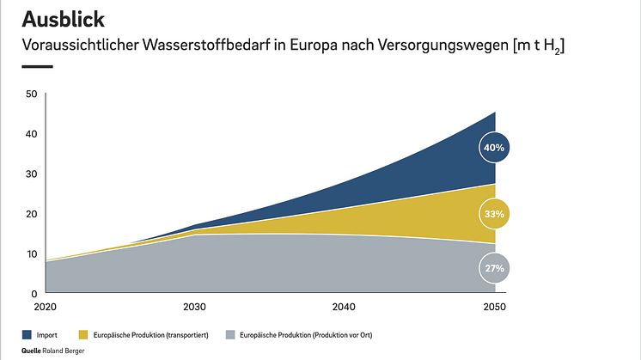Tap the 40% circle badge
[x=495, y=148]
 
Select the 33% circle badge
[x=495, y=213]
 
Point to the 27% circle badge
[x=495, y=268]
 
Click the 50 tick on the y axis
[x=32, y=94]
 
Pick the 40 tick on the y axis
[x=32, y=134]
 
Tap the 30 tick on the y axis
[x=32, y=174]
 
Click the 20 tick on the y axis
[x=32, y=214]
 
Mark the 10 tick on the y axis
[x=32, y=253]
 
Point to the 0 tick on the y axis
[x=34, y=293]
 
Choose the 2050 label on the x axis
[x=493, y=307]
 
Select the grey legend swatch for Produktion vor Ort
[x=230, y=333]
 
